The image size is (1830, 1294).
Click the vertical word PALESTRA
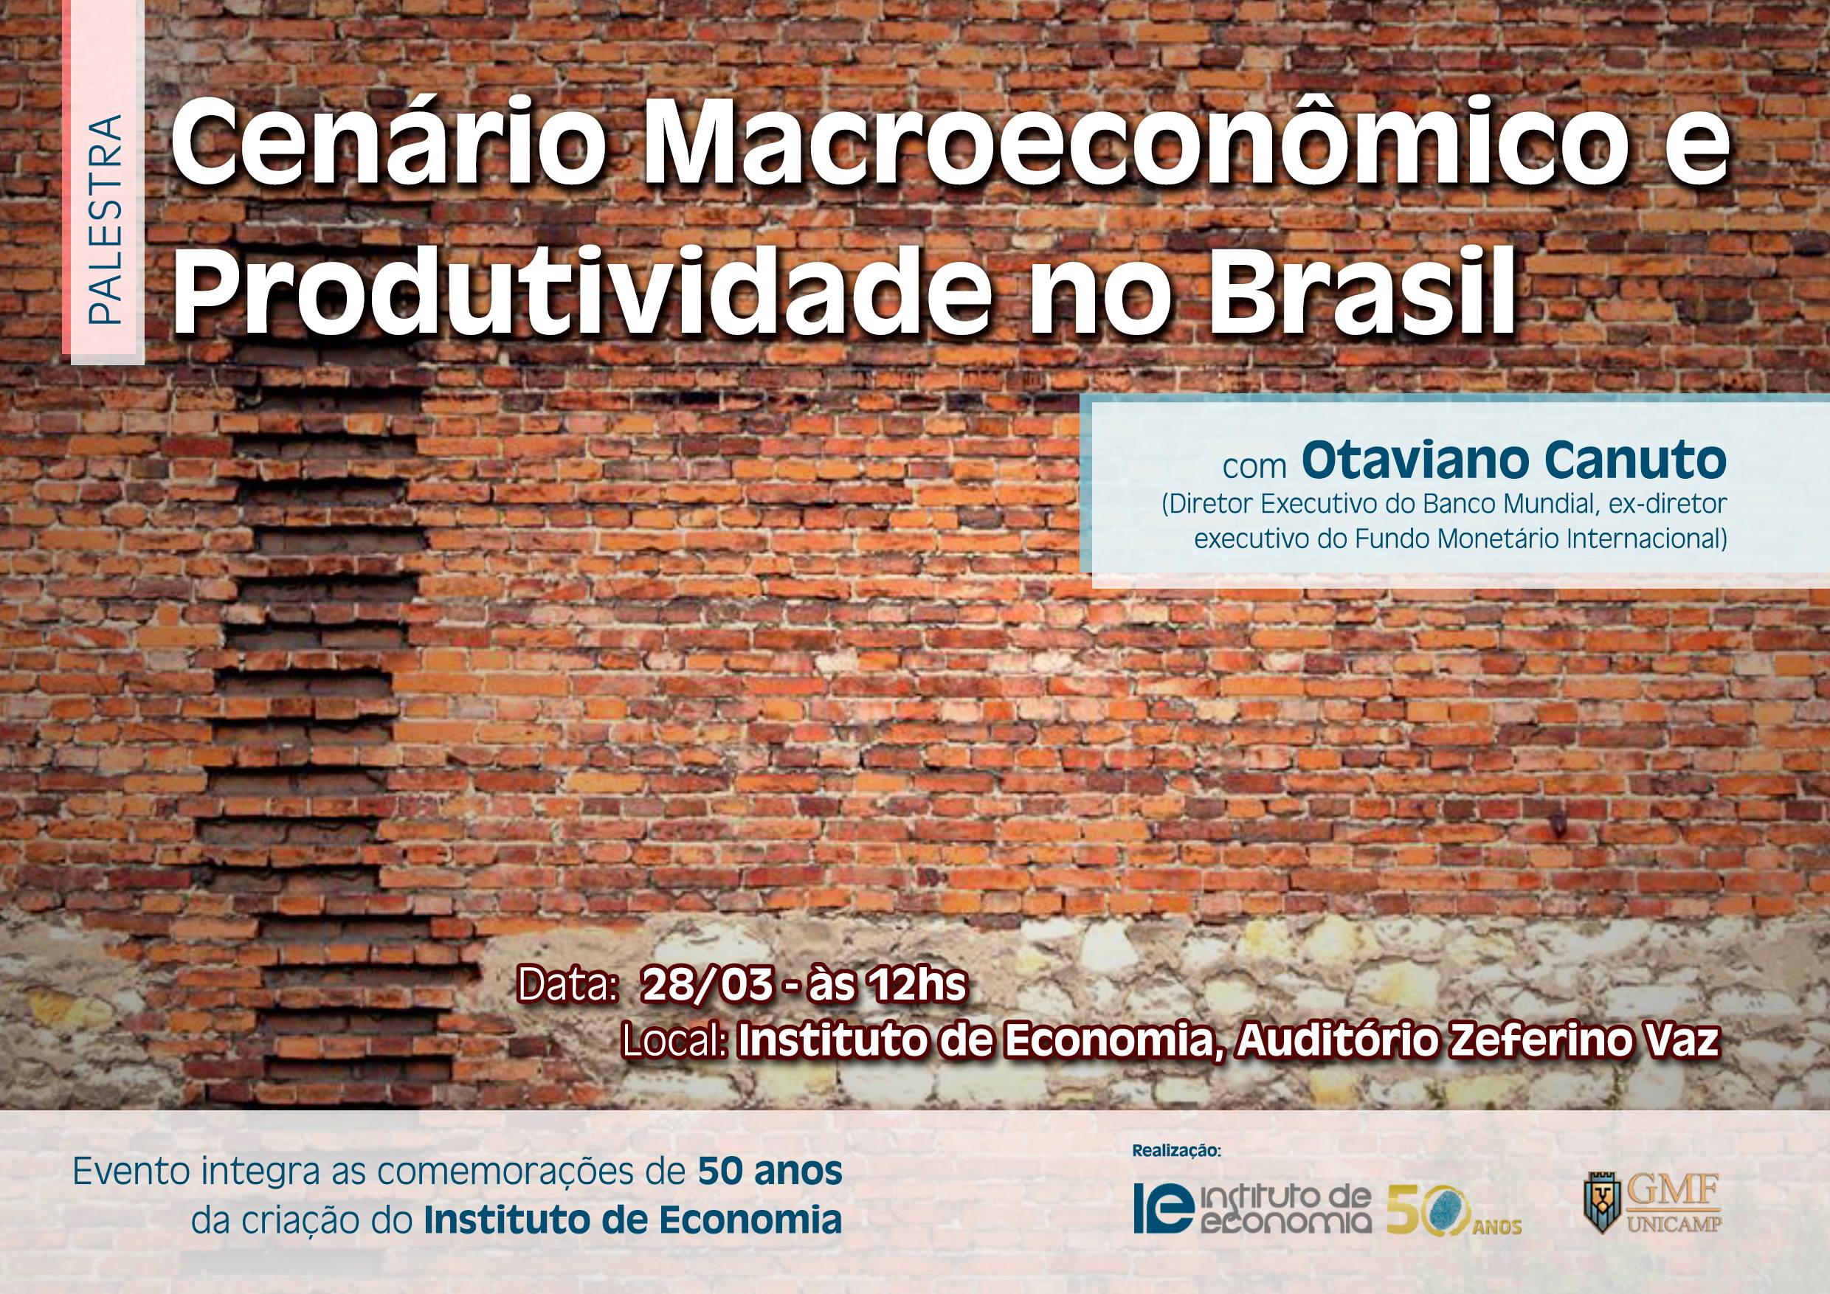pos(106,221)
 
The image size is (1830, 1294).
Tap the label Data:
pos(568,986)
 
